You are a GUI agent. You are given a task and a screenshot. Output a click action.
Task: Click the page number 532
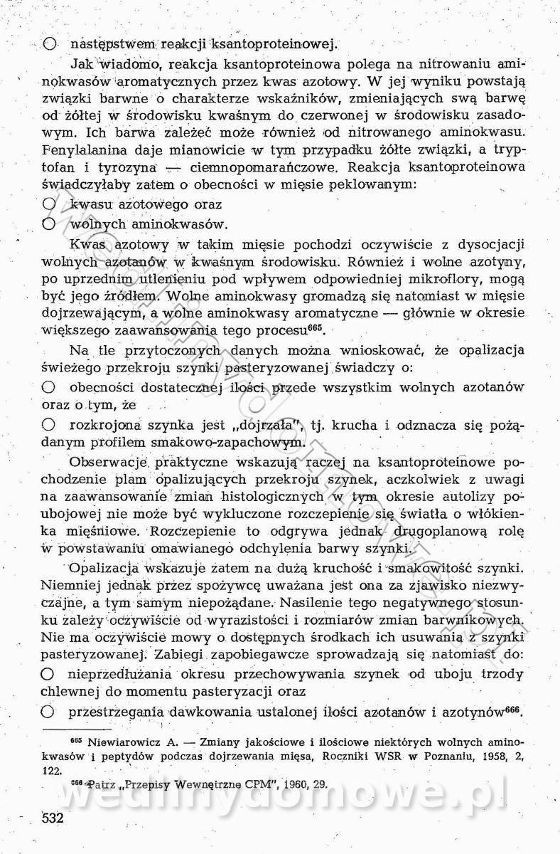53,818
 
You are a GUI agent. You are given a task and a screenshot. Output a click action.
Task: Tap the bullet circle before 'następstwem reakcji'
49,43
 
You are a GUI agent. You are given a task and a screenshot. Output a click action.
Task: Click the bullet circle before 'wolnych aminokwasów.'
49,223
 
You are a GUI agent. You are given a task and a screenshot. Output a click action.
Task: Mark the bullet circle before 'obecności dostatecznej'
49,387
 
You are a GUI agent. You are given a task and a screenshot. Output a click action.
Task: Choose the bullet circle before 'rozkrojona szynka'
49,425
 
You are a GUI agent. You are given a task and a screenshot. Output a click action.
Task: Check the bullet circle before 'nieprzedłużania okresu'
49,673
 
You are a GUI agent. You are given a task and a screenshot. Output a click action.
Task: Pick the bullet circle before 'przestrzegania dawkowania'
49,711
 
